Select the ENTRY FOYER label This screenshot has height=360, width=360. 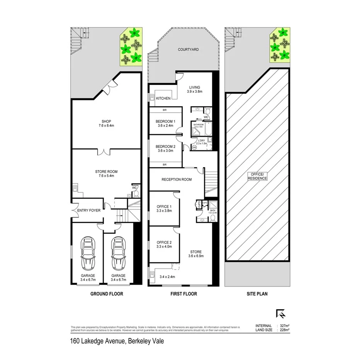click(89, 210)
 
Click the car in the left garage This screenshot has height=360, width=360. click(88, 253)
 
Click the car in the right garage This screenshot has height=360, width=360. click(118, 253)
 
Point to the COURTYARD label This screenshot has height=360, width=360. click(188, 49)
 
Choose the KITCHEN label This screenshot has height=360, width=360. click(163, 98)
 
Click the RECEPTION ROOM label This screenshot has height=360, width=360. click(177, 180)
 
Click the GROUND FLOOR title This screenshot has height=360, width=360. click(107, 294)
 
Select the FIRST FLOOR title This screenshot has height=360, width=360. click(184, 294)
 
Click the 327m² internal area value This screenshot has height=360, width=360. click(284, 326)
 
